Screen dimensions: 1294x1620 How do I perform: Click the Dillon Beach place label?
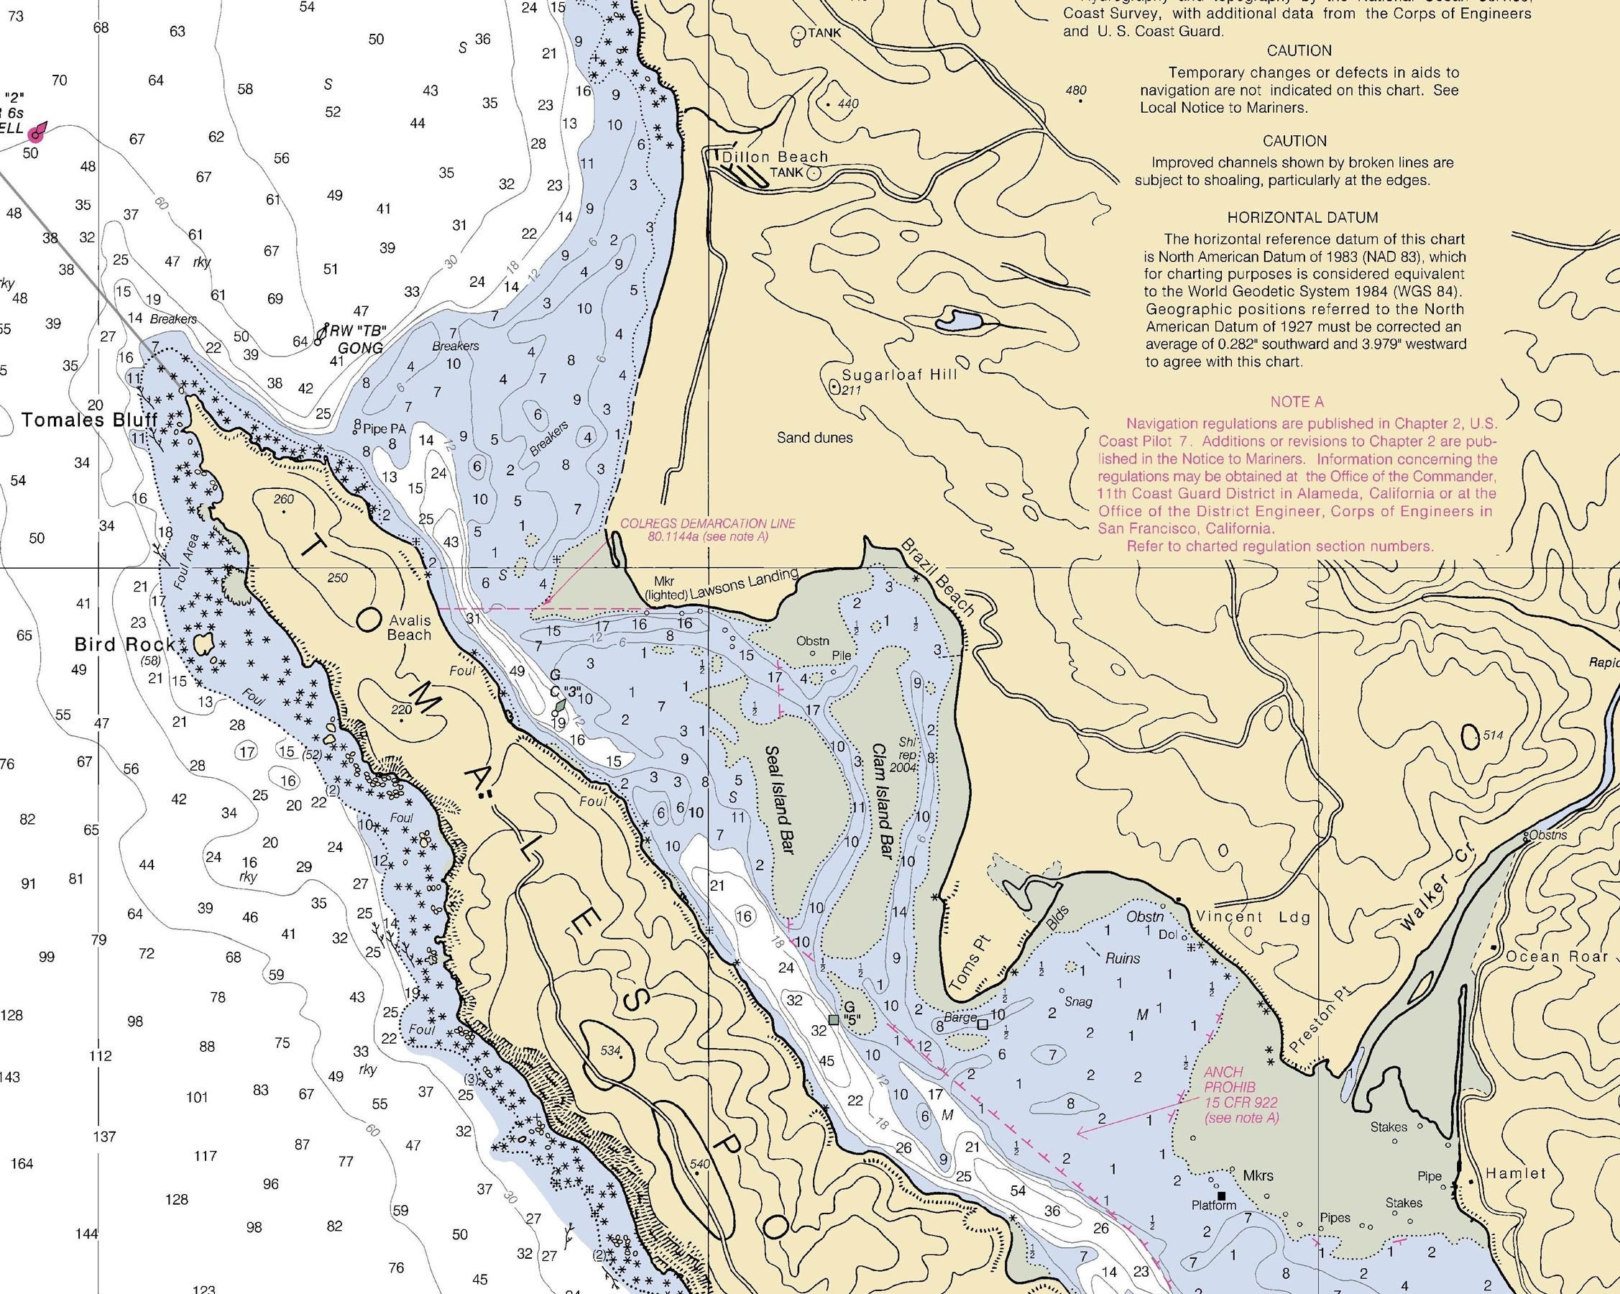775,157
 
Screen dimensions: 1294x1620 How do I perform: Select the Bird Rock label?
124,645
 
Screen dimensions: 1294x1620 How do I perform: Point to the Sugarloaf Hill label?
899,375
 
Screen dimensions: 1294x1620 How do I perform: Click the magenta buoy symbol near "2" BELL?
35,134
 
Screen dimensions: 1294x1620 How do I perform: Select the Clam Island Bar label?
882,802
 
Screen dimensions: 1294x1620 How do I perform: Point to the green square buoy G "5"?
833,1019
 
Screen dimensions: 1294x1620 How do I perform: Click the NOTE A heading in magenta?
1297,402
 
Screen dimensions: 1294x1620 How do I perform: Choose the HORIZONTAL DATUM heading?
1303,218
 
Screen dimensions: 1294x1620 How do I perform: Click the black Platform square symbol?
1221,1196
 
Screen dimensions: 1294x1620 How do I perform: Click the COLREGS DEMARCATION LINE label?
707,530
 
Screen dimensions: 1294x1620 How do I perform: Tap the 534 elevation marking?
611,1050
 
